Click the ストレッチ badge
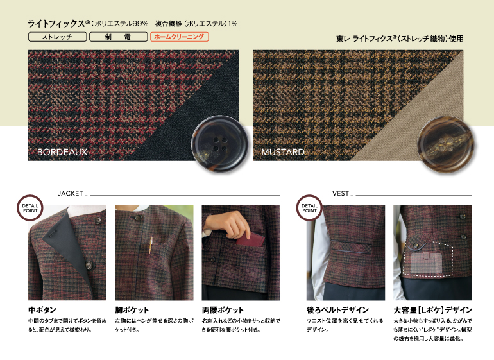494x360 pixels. click(56, 37)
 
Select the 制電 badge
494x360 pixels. click(117, 37)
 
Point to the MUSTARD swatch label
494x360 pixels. click(282, 153)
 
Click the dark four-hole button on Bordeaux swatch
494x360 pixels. click(215, 142)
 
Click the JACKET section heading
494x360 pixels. click(70, 193)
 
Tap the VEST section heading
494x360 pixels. click(341, 193)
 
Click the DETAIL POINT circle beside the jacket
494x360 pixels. click(30, 207)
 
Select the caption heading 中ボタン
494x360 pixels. click(42, 309)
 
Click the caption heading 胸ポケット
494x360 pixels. click(133, 309)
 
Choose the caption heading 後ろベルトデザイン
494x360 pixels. click(339, 309)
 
